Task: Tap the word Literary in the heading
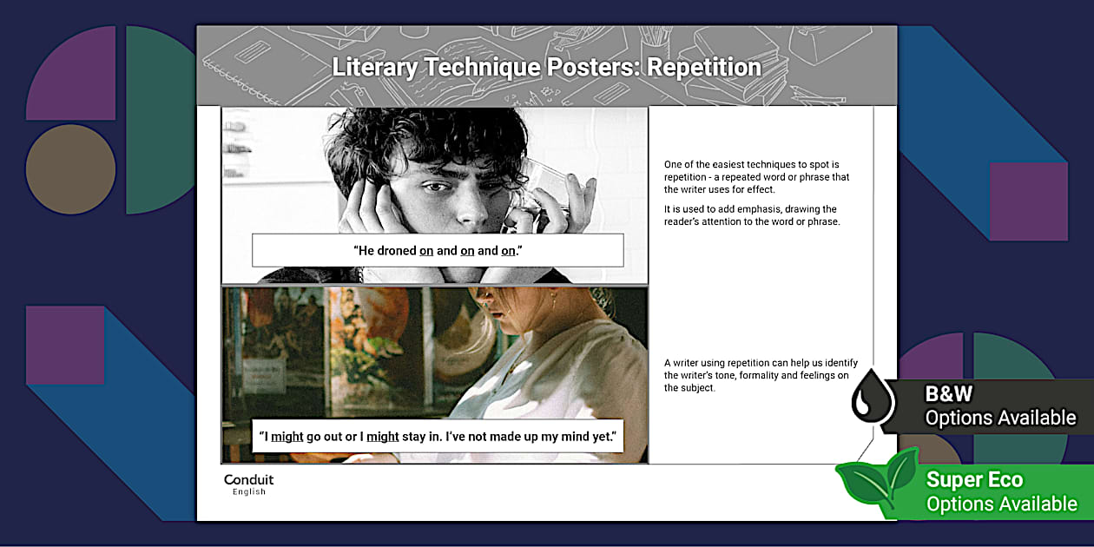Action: [374, 67]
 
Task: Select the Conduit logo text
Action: [248, 480]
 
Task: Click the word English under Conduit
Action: [248, 492]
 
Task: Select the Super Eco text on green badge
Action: [974, 480]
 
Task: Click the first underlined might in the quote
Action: [287, 436]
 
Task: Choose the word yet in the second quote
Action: [603, 436]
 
